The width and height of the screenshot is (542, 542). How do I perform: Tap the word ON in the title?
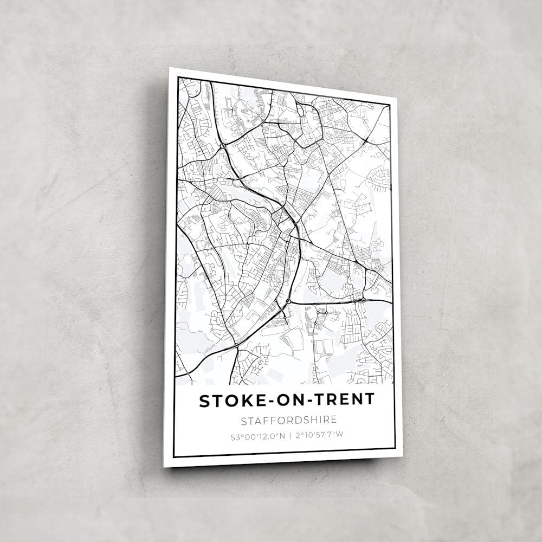275,401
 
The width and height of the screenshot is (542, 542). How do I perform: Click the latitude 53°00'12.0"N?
257,435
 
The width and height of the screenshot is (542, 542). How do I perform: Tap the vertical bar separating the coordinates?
289,435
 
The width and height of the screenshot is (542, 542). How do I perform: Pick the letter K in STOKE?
234,401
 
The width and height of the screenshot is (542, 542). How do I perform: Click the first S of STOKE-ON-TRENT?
204,402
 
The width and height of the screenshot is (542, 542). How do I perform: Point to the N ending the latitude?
281,435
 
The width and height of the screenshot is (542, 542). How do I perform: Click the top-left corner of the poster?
170,68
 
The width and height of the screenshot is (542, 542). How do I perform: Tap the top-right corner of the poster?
397,98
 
